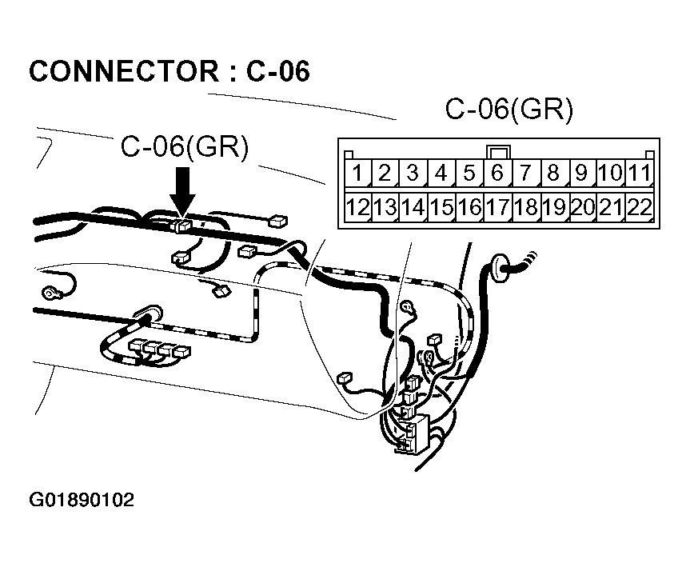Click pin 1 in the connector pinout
[x=359, y=173]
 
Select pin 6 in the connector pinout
[x=497, y=173]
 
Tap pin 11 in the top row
[x=639, y=173]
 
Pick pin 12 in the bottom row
[x=358, y=208]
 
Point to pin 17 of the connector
[x=497, y=208]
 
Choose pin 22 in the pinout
[x=639, y=208]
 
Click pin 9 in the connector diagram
[x=581, y=173]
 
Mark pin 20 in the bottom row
[x=583, y=208]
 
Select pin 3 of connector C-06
[x=413, y=173]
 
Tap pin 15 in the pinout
[x=441, y=208]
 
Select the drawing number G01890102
[x=82, y=501]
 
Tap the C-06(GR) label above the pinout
[x=509, y=110]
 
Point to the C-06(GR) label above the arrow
[x=185, y=146]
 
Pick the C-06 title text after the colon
[x=277, y=71]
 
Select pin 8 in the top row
[x=553, y=173]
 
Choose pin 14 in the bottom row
[x=413, y=208]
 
